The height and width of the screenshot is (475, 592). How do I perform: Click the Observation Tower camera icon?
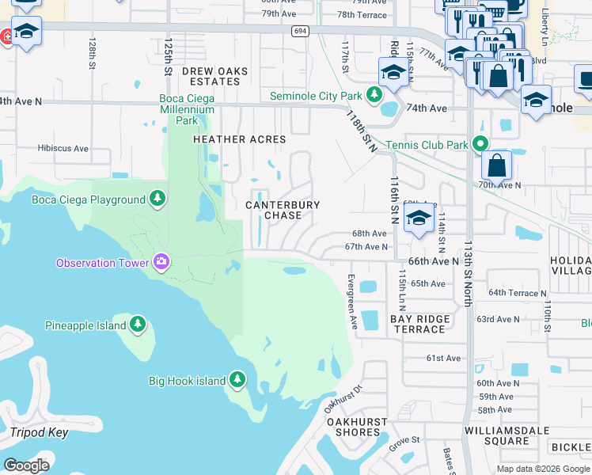click(161, 261)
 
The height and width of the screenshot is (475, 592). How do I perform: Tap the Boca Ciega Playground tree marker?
click(157, 198)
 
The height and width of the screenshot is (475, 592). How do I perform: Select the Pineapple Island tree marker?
click(138, 325)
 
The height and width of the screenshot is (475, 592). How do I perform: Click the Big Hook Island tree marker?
click(237, 380)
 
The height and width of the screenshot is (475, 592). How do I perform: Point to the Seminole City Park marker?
click(374, 96)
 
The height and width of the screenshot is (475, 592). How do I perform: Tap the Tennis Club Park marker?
click(479, 144)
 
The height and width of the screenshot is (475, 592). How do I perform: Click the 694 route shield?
click(299, 31)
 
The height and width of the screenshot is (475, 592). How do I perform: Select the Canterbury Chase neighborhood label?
click(283, 210)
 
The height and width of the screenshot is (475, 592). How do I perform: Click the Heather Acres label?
click(239, 139)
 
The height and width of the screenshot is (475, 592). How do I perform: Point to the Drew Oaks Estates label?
click(214, 77)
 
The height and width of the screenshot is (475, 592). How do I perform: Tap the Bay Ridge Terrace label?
click(420, 324)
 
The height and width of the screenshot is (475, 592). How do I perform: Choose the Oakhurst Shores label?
click(354, 427)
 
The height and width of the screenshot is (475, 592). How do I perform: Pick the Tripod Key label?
click(39, 432)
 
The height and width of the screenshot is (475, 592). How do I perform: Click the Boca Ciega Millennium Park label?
click(187, 109)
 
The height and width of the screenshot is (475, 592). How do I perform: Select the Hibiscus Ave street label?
click(63, 148)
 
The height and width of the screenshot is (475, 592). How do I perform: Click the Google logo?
click(26, 465)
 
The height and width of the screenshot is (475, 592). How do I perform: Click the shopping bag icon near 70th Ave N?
click(496, 165)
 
